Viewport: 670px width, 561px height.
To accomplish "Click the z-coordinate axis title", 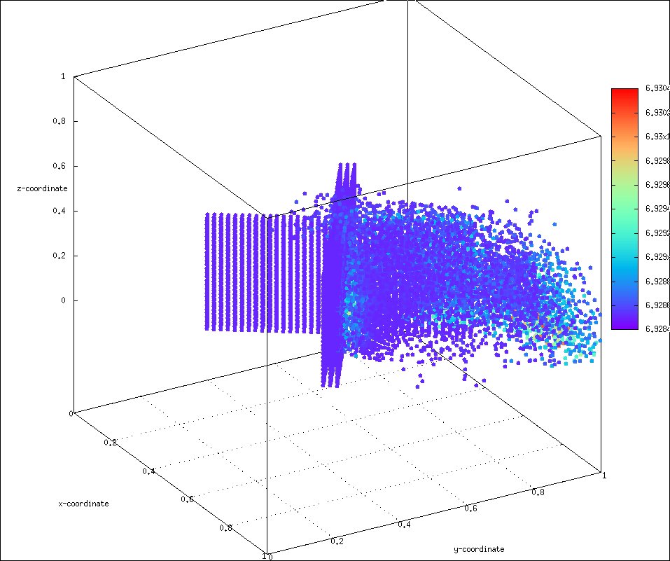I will (x=43, y=188).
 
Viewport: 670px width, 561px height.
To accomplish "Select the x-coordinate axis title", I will (x=83, y=504).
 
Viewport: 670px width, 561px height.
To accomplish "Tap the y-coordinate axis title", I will (x=480, y=548).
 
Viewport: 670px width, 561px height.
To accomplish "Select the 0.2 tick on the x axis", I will (x=110, y=443).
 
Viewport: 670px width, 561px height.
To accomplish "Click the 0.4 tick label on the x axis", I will (x=148, y=471).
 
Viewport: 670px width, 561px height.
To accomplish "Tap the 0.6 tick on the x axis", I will (x=187, y=499).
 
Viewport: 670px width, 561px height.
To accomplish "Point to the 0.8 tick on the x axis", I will (x=225, y=527).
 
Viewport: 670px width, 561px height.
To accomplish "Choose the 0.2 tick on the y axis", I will (x=337, y=541).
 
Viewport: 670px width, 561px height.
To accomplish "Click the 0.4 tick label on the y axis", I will (x=405, y=524).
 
